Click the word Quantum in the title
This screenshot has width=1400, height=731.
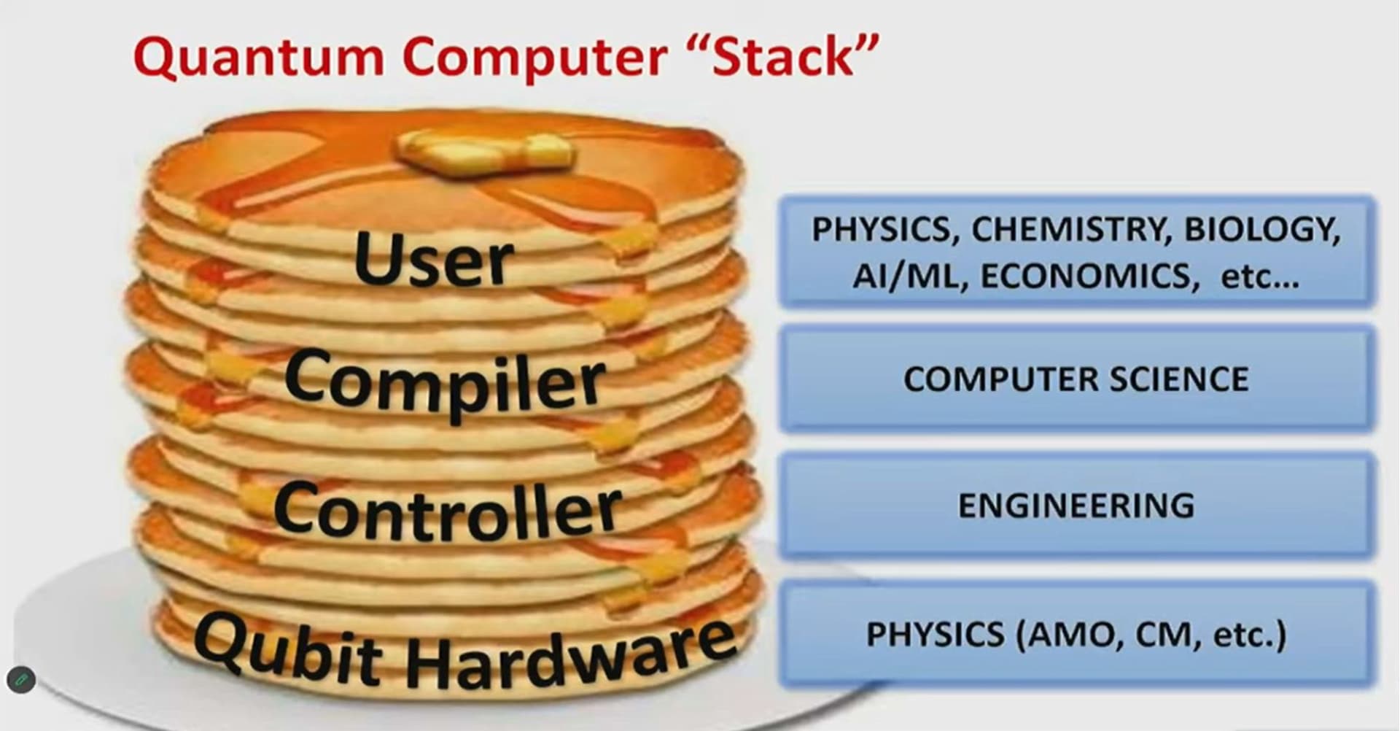click(x=259, y=57)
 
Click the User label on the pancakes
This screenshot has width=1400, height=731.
click(x=434, y=258)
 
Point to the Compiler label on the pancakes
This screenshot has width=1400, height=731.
click(x=445, y=383)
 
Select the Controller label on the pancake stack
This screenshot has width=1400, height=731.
click(x=448, y=510)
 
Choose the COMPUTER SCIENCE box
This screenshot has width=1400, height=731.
click(x=1076, y=379)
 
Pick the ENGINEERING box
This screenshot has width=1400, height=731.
click(x=1076, y=506)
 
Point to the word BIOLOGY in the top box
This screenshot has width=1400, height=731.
click(x=1262, y=230)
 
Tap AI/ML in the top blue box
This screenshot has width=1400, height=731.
click(x=911, y=276)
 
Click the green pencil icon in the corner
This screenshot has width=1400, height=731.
click(x=21, y=681)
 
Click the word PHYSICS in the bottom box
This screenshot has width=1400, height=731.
click(x=935, y=634)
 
